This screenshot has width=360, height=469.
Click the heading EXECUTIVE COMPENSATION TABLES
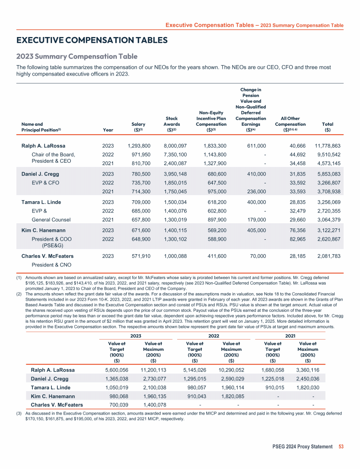pyautogui.click(x=92, y=40)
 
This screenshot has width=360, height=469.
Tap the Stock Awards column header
pyautogui.click(x=172, y=124)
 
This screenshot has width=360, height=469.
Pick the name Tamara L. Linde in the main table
pyautogui.click(x=42, y=202)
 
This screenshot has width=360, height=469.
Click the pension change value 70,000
pyautogui.click(x=258, y=256)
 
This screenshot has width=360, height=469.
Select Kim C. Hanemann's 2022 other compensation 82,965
pyautogui.click(x=296, y=238)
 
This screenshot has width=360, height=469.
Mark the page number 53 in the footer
pyautogui.click(x=340, y=446)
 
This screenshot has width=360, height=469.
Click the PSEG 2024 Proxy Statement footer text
pyautogui.click(x=302, y=446)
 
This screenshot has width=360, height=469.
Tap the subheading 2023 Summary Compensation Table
pyautogui.click(x=77, y=57)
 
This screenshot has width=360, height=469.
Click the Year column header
pyautogui.click(x=107, y=130)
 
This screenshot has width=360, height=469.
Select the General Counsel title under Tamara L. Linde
pyautogui.click(x=51, y=219)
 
